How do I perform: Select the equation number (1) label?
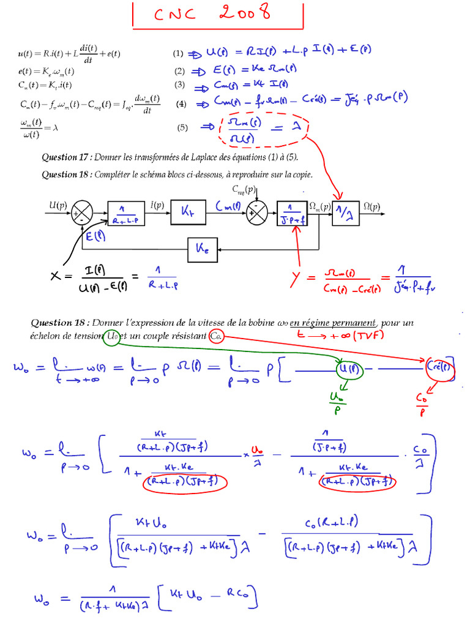179,53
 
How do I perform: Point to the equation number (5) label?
182,127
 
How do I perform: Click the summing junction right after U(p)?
83,214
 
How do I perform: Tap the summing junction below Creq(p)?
255,213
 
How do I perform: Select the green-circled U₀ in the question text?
112,336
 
